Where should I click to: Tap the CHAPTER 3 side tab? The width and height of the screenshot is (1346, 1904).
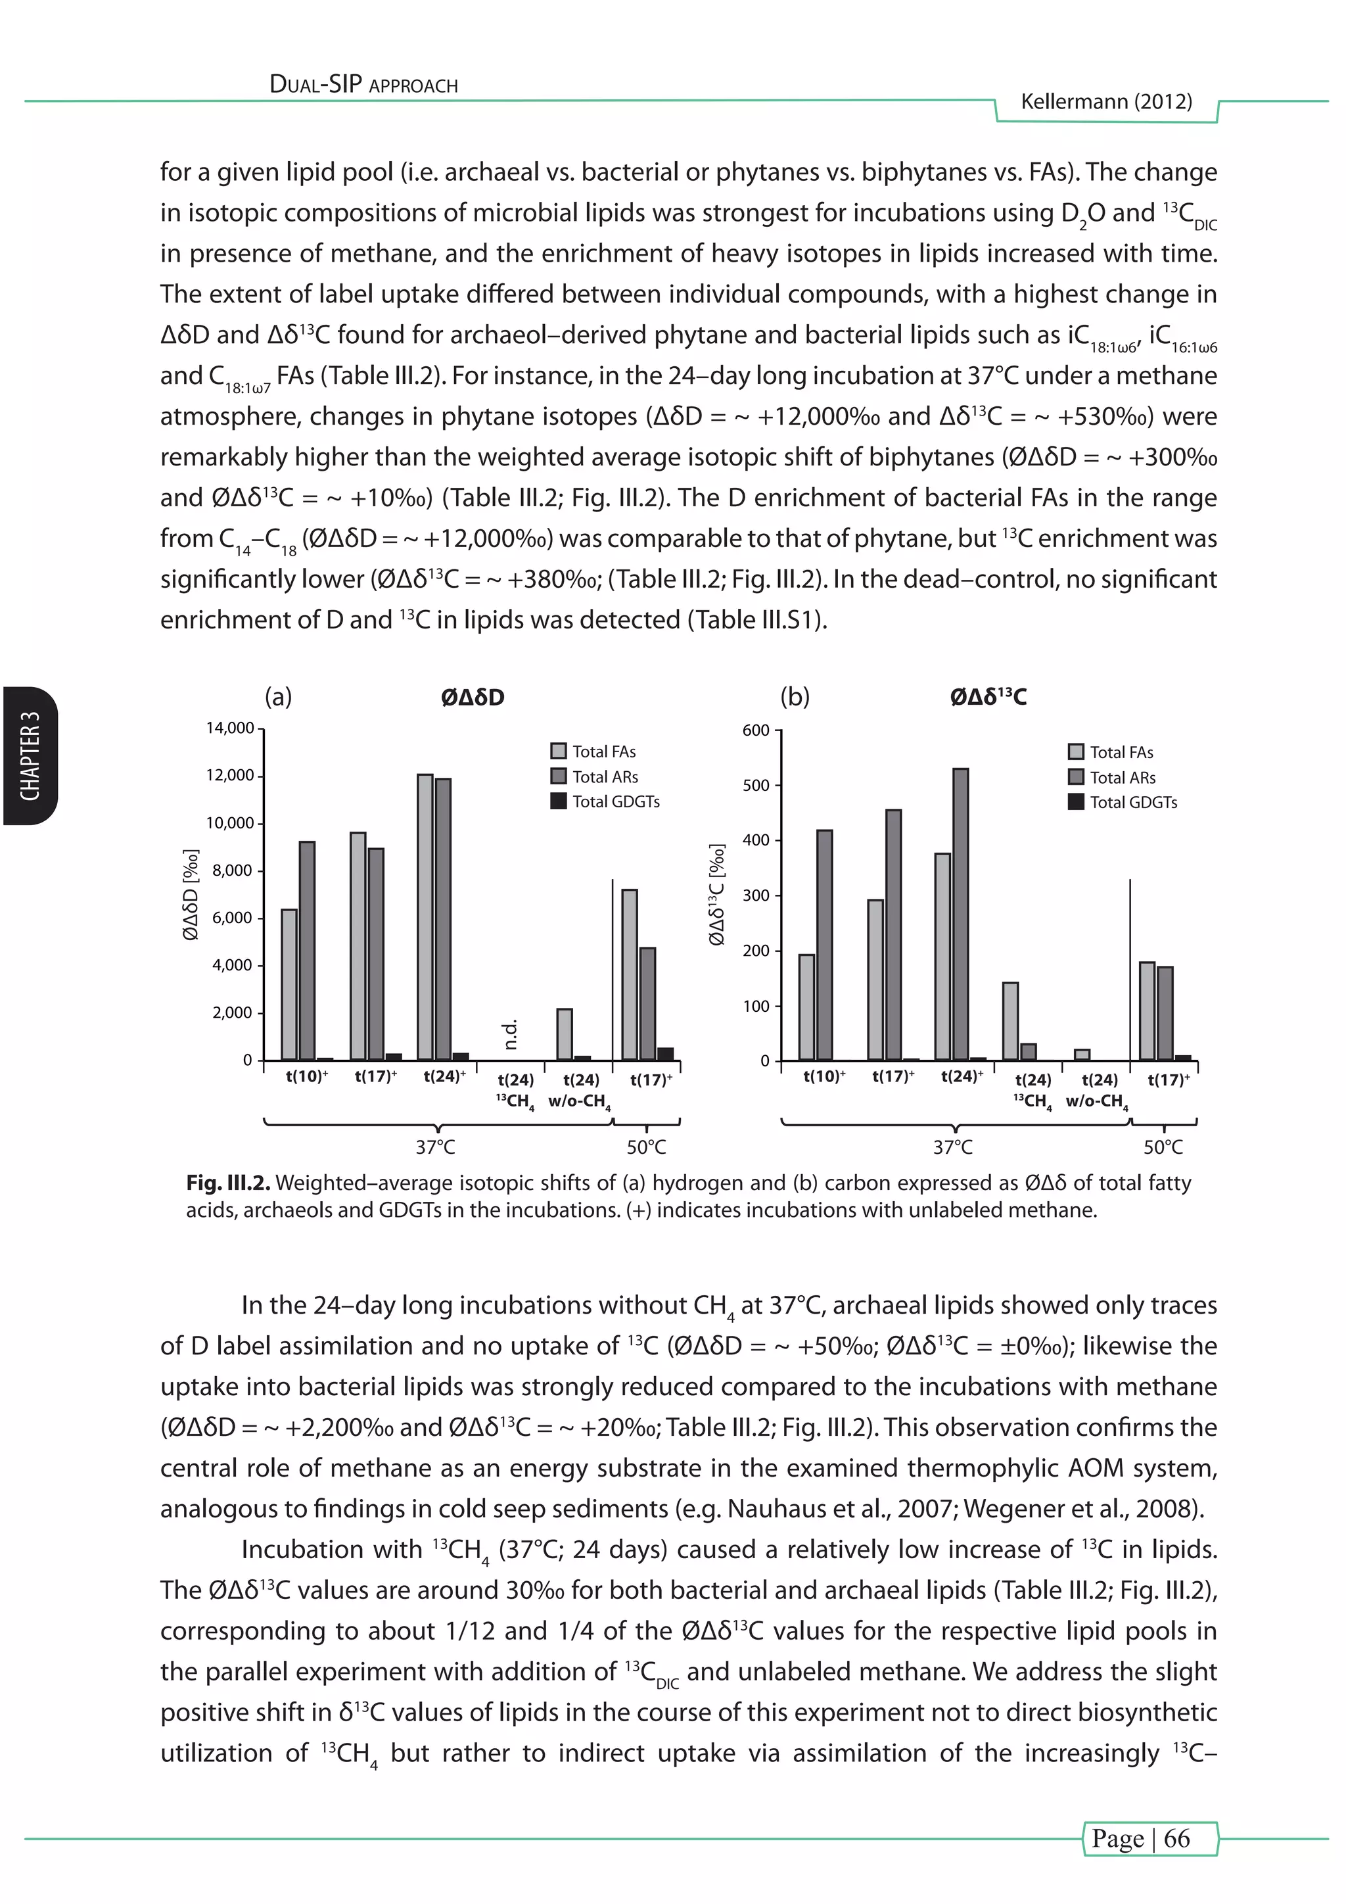[x=30, y=755]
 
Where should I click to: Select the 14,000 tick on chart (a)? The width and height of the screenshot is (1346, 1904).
[x=229, y=728]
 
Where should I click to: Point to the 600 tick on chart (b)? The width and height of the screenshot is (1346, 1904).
[x=755, y=730]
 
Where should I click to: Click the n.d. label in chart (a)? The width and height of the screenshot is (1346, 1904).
[x=511, y=1034]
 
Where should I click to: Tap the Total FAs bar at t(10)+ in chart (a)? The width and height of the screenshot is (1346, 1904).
[x=289, y=984]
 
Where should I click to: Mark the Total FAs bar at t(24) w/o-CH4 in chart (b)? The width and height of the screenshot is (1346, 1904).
[x=1082, y=1054]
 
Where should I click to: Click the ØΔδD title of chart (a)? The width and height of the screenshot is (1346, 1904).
[x=473, y=698]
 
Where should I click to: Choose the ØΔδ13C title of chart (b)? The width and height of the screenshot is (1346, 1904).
[x=988, y=698]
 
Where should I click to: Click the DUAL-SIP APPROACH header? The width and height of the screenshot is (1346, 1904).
[x=364, y=85]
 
